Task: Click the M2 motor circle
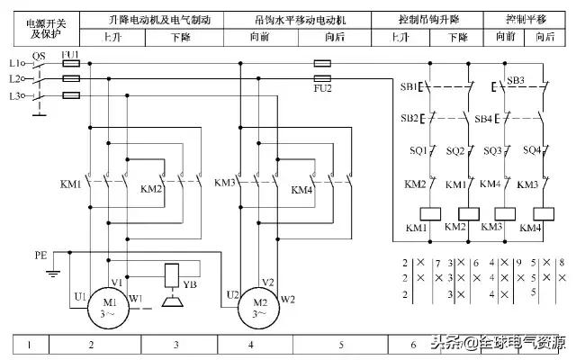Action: [259, 309]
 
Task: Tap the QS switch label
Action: [38, 55]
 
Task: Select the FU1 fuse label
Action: [69, 55]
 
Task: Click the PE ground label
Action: [40, 256]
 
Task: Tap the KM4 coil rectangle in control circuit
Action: [543, 213]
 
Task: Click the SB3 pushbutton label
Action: [516, 80]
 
